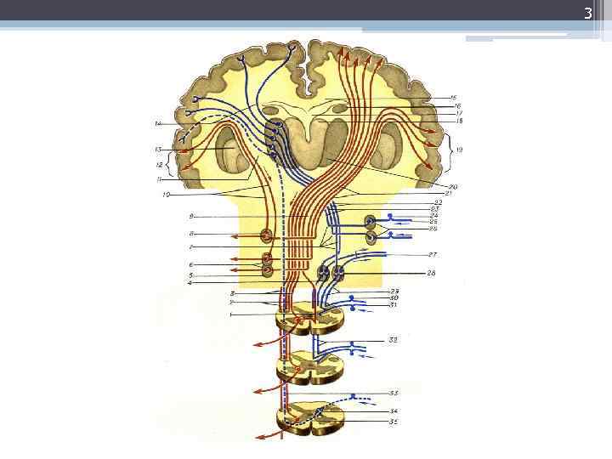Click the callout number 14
pos(157,124)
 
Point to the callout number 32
pos(394,339)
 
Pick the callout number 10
pos(167,195)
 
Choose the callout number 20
pos(453,186)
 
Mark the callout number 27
pos(433,254)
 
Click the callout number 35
pos(394,422)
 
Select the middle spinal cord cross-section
pos(310,368)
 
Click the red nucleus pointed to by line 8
pos(267,235)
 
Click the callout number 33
pos(394,394)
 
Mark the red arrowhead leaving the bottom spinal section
pos(258,436)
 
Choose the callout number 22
pos(435,201)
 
